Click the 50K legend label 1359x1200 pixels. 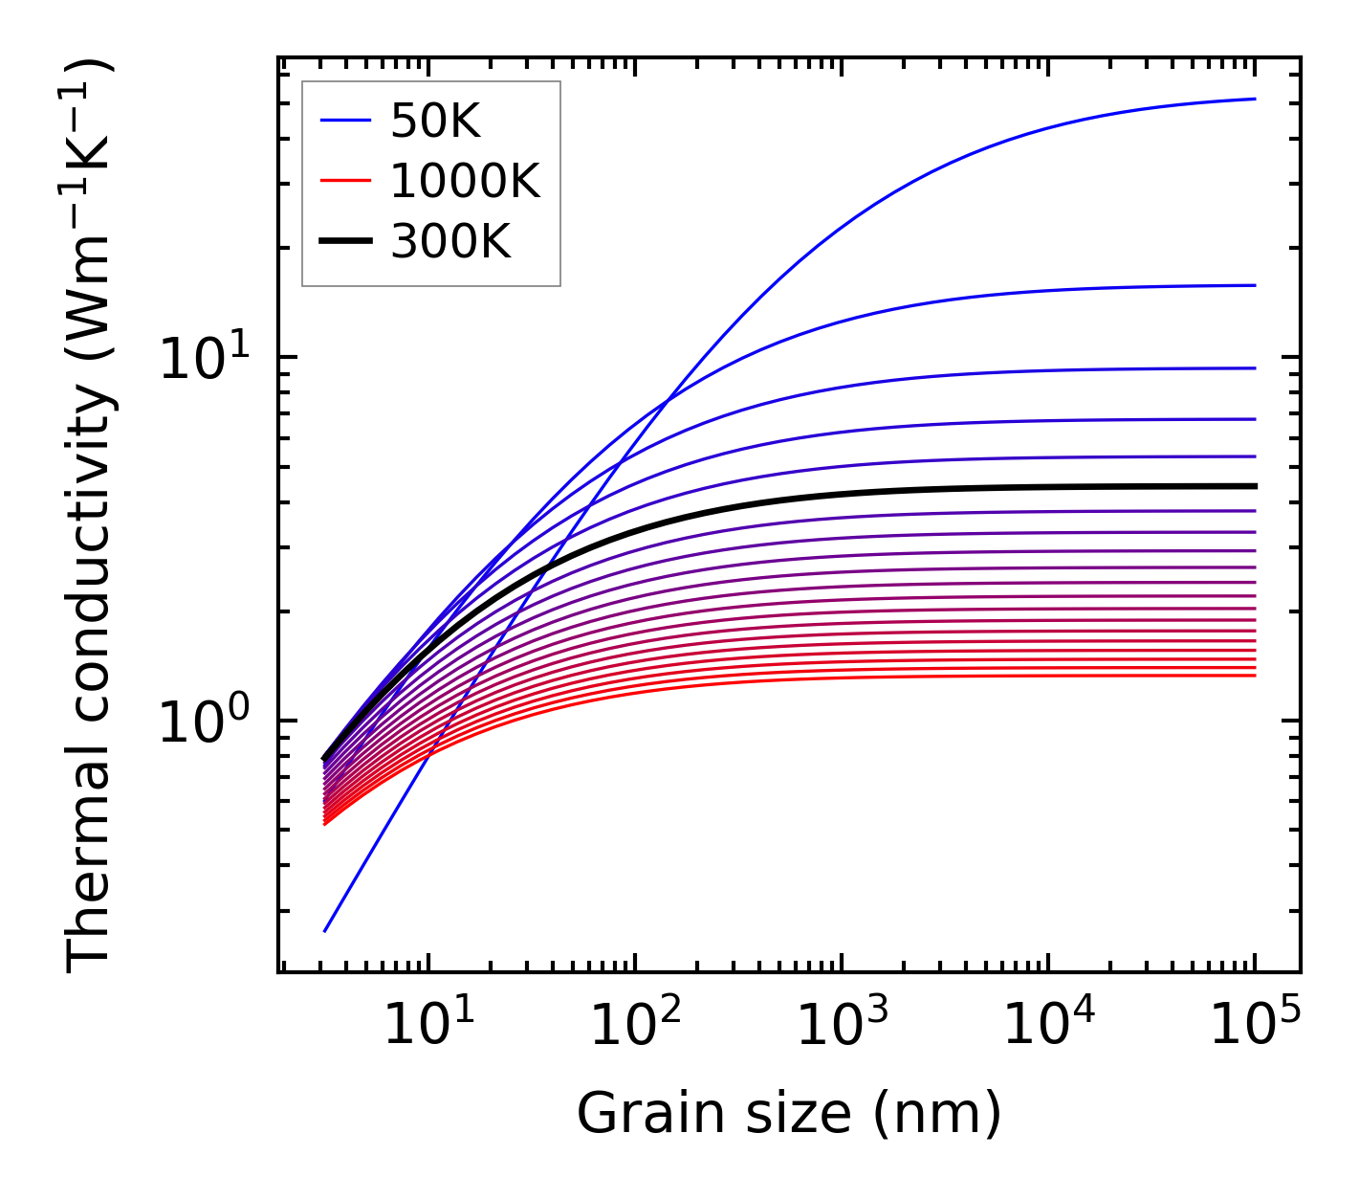(x=435, y=122)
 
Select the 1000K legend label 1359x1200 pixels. (x=465, y=181)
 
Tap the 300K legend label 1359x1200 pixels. (x=450, y=242)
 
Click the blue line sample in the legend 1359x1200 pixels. (x=344, y=121)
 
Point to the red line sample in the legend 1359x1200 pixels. (x=344, y=181)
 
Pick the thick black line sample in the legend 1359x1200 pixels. (x=344, y=242)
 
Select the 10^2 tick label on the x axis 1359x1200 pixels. (x=635, y=1029)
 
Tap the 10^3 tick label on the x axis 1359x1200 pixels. (x=842, y=1029)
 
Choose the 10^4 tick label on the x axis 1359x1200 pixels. (x=1048, y=1029)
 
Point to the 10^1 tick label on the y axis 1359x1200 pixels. (x=202, y=362)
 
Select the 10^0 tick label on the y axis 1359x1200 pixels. (x=202, y=725)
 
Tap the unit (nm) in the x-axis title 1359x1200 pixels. (x=937, y=1114)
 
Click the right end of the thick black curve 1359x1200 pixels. (x=1254, y=486)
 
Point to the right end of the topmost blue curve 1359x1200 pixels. (x=1254, y=99)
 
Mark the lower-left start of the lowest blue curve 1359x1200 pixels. (x=325, y=930)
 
